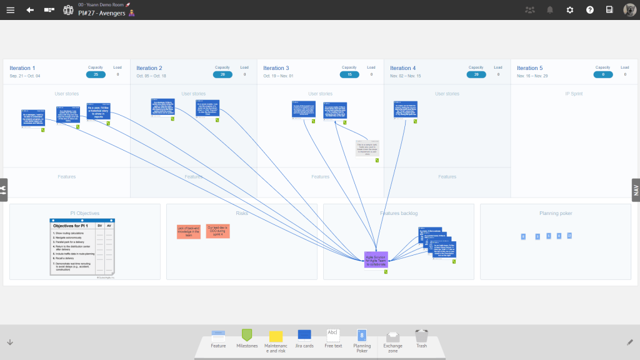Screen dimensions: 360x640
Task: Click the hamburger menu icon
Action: [x=10, y=10]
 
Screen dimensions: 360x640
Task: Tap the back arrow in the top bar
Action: [x=30, y=10]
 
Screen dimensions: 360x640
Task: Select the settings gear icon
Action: [x=569, y=10]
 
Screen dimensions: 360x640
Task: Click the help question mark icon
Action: [x=589, y=10]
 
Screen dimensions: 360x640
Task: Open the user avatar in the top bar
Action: [x=629, y=10]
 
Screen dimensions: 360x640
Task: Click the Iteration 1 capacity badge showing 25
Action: [x=96, y=74]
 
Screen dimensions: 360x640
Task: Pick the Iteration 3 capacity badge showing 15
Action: [x=349, y=74]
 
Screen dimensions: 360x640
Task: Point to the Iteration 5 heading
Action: [x=529, y=68]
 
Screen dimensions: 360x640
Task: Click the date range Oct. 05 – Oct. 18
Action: [x=151, y=76]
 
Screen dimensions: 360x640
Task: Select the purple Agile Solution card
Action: [x=376, y=260]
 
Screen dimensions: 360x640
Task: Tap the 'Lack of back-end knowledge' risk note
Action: [x=189, y=231]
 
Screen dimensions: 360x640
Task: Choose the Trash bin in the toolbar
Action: [x=422, y=337]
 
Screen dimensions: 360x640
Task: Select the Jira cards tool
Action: [x=304, y=337]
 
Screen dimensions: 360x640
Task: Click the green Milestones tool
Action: [x=247, y=337]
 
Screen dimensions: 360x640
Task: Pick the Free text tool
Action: [x=333, y=337]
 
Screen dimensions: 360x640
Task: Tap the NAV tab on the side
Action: [x=636, y=190]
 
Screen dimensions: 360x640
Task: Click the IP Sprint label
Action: [x=574, y=94]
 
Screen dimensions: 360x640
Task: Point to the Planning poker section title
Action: [x=556, y=213]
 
